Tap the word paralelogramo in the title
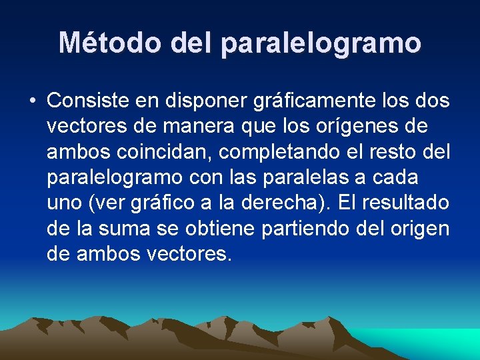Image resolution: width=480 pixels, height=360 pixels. [321, 43]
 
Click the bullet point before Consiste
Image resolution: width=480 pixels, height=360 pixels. [32, 101]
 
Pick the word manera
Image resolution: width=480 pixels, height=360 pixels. [202, 126]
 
